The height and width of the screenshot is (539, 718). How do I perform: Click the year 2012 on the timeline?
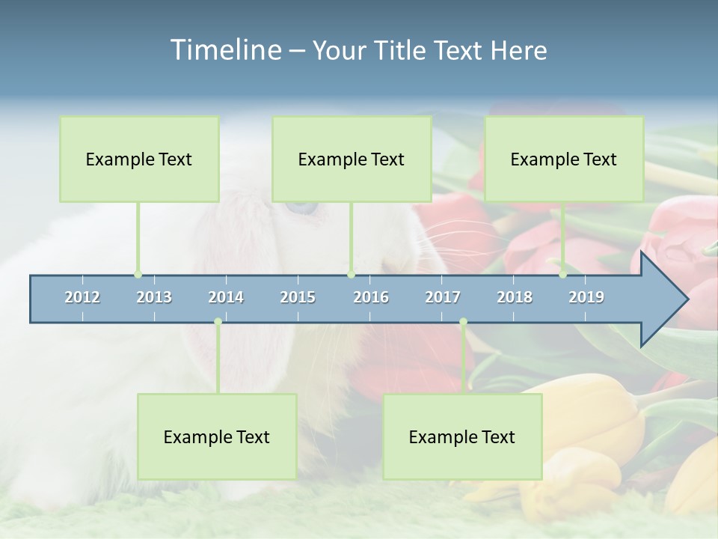(x=82, y=297)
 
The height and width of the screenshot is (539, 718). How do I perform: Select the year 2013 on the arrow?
(x=154, y=297)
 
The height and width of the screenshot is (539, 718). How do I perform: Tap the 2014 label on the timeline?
(x=226, y=297)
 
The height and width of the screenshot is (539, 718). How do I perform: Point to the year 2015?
(x=298, y=297)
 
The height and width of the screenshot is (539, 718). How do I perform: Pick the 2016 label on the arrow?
(x=371, y=297)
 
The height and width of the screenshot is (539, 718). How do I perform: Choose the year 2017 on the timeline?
(x=443, y=297)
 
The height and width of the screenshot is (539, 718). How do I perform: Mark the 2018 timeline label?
(x=515, y=297)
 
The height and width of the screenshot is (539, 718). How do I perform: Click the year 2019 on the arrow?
(x=586, y=297)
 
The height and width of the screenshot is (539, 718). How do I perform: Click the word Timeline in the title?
(x=224, y=49)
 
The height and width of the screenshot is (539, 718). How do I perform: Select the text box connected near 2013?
(x=139, y=159)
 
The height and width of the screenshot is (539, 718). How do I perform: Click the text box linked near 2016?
(x=352, y=159)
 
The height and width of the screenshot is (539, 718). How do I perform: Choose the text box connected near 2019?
(x=564, y=159)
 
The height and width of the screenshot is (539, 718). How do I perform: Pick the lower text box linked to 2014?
(x=217, y=436)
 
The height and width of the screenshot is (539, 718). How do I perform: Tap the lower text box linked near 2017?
(x=462, y=436)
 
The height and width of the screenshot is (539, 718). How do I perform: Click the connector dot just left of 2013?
(x=138, y=274)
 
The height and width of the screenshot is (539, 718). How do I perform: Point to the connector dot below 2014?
(x=218, y=321)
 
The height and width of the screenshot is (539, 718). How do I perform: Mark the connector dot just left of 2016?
(x=351, y=274)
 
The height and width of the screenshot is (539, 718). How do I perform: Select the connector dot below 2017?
(x=463, y=321)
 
